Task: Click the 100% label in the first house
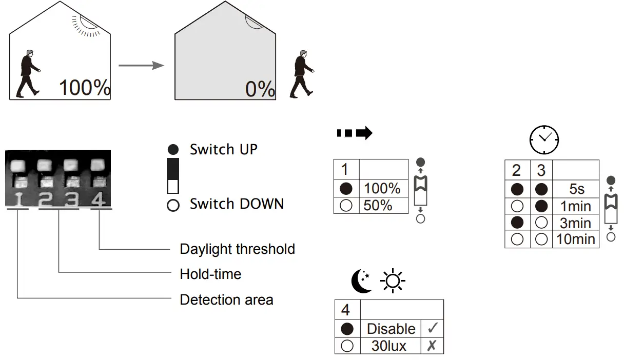[x=85, y=88]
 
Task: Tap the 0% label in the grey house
[x=260, y=89]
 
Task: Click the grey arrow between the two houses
[x=141, y=66]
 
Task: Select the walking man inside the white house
[x=28, y=73]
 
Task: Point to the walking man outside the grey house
[x=302, y=74]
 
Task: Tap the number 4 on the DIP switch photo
[x=99, y=199]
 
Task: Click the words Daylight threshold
[x=237, y=249]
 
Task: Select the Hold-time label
[x=210, y=274]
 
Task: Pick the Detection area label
[x=226, y=299]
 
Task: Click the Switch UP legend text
[x=223, y=150]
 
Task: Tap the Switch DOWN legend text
[x=237, y=204]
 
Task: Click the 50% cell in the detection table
[x=378, y=205]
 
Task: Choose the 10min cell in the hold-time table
[x=576, y=239]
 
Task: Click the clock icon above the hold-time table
[x=544, y=139]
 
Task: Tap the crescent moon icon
[x=361, y=282]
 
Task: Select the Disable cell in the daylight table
[x=391, y=329]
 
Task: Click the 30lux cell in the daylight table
[x=389, y=346]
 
